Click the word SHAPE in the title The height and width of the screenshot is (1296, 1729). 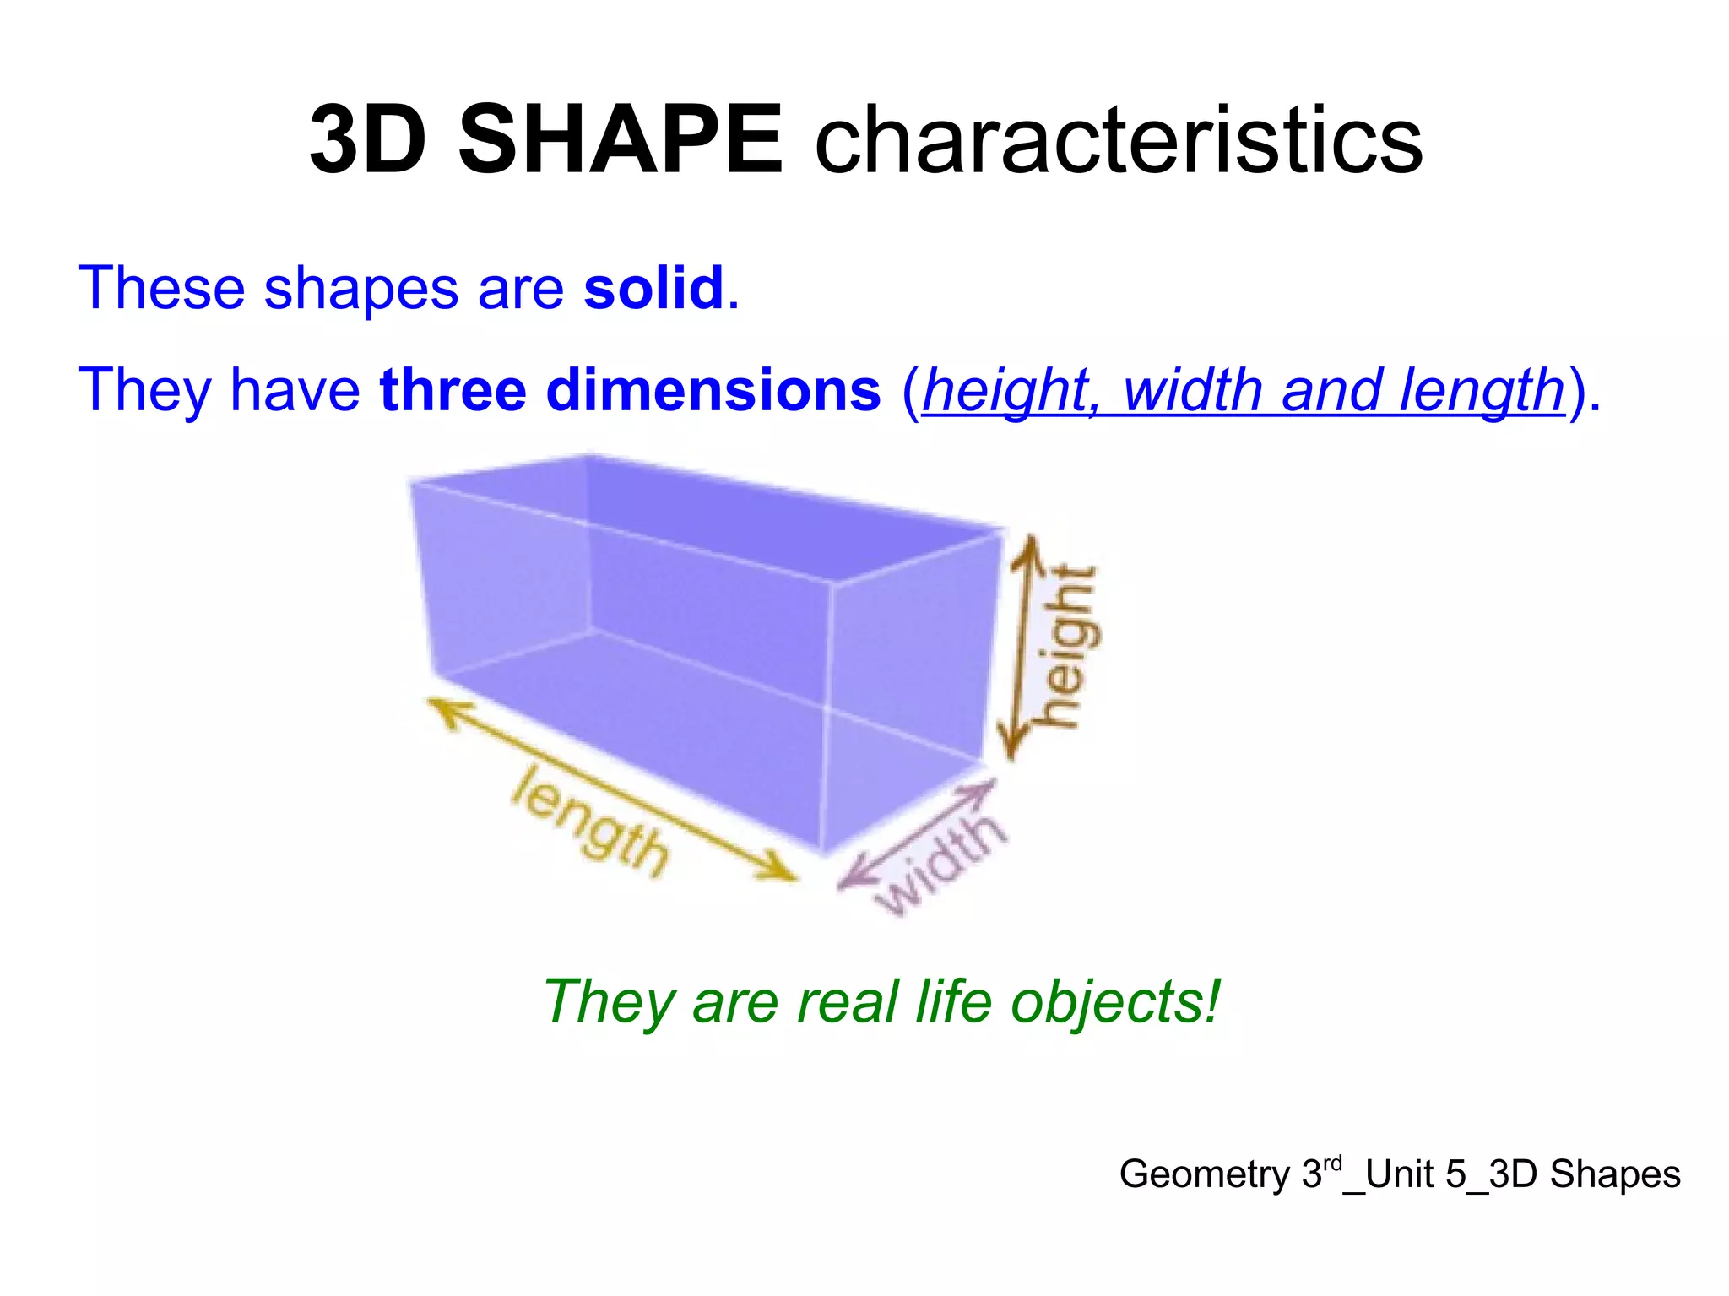(621, 139)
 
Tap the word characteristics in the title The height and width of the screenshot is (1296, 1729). (1119, 139)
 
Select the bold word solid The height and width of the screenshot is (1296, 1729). (653, 288)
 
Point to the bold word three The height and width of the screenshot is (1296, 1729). (453, 390)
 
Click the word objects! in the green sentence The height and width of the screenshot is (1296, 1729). (1116, 1002)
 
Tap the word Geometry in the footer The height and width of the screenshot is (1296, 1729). (1205, 1174)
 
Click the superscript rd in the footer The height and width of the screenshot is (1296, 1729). (1332, 1164)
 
